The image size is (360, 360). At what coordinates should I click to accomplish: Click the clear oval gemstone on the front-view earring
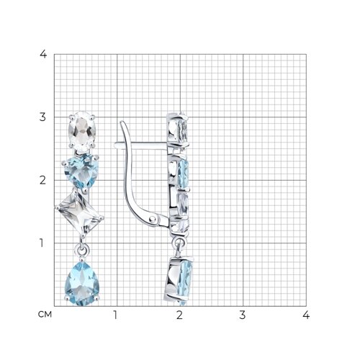pos(82,131)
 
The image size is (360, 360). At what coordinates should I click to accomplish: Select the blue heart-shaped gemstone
pos(81,171)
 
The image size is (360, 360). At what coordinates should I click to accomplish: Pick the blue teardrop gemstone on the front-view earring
pos(82,284)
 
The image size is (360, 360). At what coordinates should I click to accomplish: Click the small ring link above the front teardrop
pos(82,250)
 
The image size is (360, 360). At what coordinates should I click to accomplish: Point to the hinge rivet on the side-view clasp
pos(152,219)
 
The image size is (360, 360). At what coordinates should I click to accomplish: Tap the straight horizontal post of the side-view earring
pos(142,145)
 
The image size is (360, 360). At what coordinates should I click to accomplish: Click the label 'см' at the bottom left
pos(45,314)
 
